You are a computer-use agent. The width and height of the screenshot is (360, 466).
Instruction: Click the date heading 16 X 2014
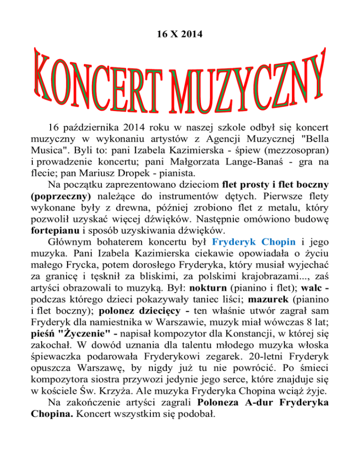coord(180,22)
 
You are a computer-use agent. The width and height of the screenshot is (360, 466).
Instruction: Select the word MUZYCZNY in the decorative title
coord(248,80)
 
